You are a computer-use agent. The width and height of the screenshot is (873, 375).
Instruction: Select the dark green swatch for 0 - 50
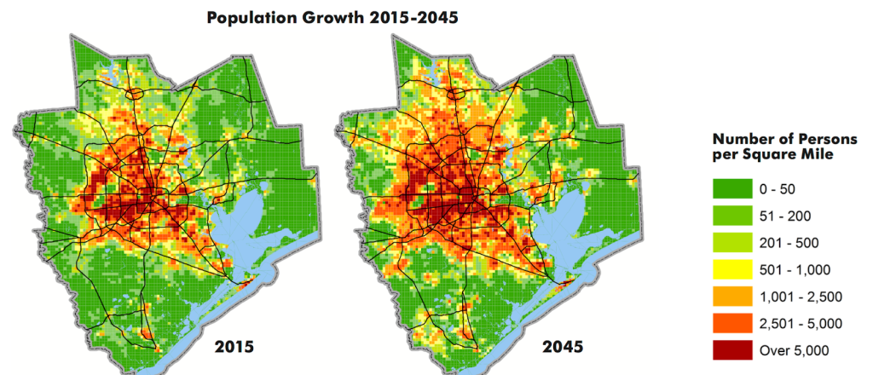[732, 187]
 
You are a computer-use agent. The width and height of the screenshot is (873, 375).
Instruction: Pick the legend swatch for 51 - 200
[732, 215]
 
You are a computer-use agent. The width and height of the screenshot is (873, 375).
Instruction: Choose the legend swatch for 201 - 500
[732, 242]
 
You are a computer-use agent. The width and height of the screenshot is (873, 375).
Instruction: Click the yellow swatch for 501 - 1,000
[732, 269]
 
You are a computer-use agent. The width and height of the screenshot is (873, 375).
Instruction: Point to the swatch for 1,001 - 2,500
[732, 296]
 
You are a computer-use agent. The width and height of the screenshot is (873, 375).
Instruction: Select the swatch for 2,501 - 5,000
[732, 323]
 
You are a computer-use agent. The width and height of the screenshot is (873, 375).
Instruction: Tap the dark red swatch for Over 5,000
[732, 350]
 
